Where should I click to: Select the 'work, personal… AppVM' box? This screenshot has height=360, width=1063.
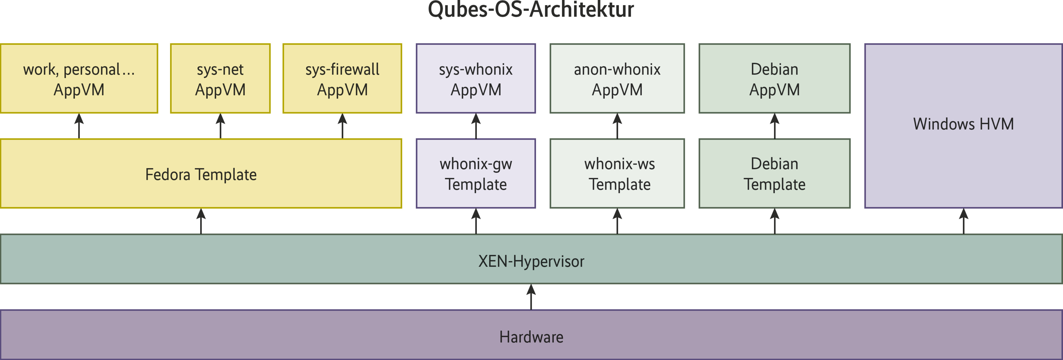click(x=79, y=79)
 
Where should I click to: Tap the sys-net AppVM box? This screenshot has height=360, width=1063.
click(x=220, y=79)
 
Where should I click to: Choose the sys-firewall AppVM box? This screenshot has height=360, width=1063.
click(x=342, y=79)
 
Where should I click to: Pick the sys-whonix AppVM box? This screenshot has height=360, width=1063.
click(x=476, y=79)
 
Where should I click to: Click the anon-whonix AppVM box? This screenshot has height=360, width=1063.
click(x=617, y=79)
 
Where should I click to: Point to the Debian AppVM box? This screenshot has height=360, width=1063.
click(x=775, y=79)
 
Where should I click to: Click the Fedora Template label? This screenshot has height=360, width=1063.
click(x=201, y=174)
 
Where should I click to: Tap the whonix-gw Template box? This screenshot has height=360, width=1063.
click(x=476, y=174)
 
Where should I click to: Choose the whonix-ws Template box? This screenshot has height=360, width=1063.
click(x=617, y=174)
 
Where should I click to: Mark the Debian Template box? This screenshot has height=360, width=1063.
click(x=775, y=174)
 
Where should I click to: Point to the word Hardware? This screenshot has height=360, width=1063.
click(x=531, y=337)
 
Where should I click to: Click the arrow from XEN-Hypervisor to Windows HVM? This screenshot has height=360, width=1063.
click(x=964, y=221)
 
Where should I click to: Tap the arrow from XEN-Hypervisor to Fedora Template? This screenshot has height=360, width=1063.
click(x=201, y=221)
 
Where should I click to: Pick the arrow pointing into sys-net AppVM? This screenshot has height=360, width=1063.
click(x=220, y=126)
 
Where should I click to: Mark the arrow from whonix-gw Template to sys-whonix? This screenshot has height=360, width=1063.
click(x=476, y=126)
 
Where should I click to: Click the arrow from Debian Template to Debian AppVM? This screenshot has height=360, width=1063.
click(x=775, y=126)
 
